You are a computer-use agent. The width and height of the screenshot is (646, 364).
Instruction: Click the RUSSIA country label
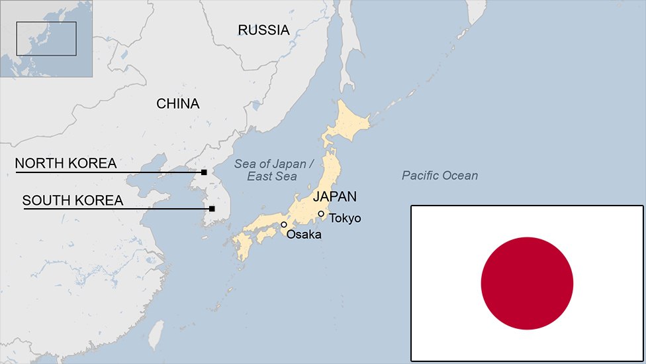pyautogui.click(x=263, y=30)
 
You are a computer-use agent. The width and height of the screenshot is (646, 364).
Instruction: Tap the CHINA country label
pyautogui.click(x=177, y=103)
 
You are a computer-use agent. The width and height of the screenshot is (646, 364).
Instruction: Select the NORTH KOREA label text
pyautogui.click(x=66, y=163)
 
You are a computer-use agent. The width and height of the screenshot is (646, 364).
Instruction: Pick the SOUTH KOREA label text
pyautogui.click(x=73, y=200)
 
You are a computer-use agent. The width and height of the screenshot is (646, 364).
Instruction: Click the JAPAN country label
pyautogui.click(x=335, y=196)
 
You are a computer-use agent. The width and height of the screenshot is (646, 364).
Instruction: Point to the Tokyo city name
pyautogui.click(x=345, y=217)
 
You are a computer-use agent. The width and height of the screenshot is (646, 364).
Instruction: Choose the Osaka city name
pyautogui.click(x=304, y=235)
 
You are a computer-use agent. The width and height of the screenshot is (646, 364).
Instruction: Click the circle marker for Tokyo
pyautogui.click(x=321, y=213)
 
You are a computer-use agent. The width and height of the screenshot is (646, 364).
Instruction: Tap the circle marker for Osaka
pyautogui.click(x=284, y=225)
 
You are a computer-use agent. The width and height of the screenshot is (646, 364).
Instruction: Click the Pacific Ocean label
pyautogui.click(x=439, y=176)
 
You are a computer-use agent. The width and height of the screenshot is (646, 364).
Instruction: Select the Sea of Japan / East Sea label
pyautogui.click(x=270, y=170)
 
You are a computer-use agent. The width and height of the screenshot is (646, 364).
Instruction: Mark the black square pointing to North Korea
pyautogui.click(x=204, y=172)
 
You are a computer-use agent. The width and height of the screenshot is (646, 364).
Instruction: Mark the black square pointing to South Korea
pyautogui.click(x=212, y=209)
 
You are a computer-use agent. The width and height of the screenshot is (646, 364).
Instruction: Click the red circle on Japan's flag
pyautogui.click(x=527, y=283)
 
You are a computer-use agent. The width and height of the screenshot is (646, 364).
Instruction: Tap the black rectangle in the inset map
pyautogui.click(x=46, y=38)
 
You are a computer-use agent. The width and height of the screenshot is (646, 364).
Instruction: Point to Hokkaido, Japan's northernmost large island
pyautogui.click(x=347, y=123)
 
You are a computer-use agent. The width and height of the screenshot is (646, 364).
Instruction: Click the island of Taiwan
pyautogui.click(x=156, y=335)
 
